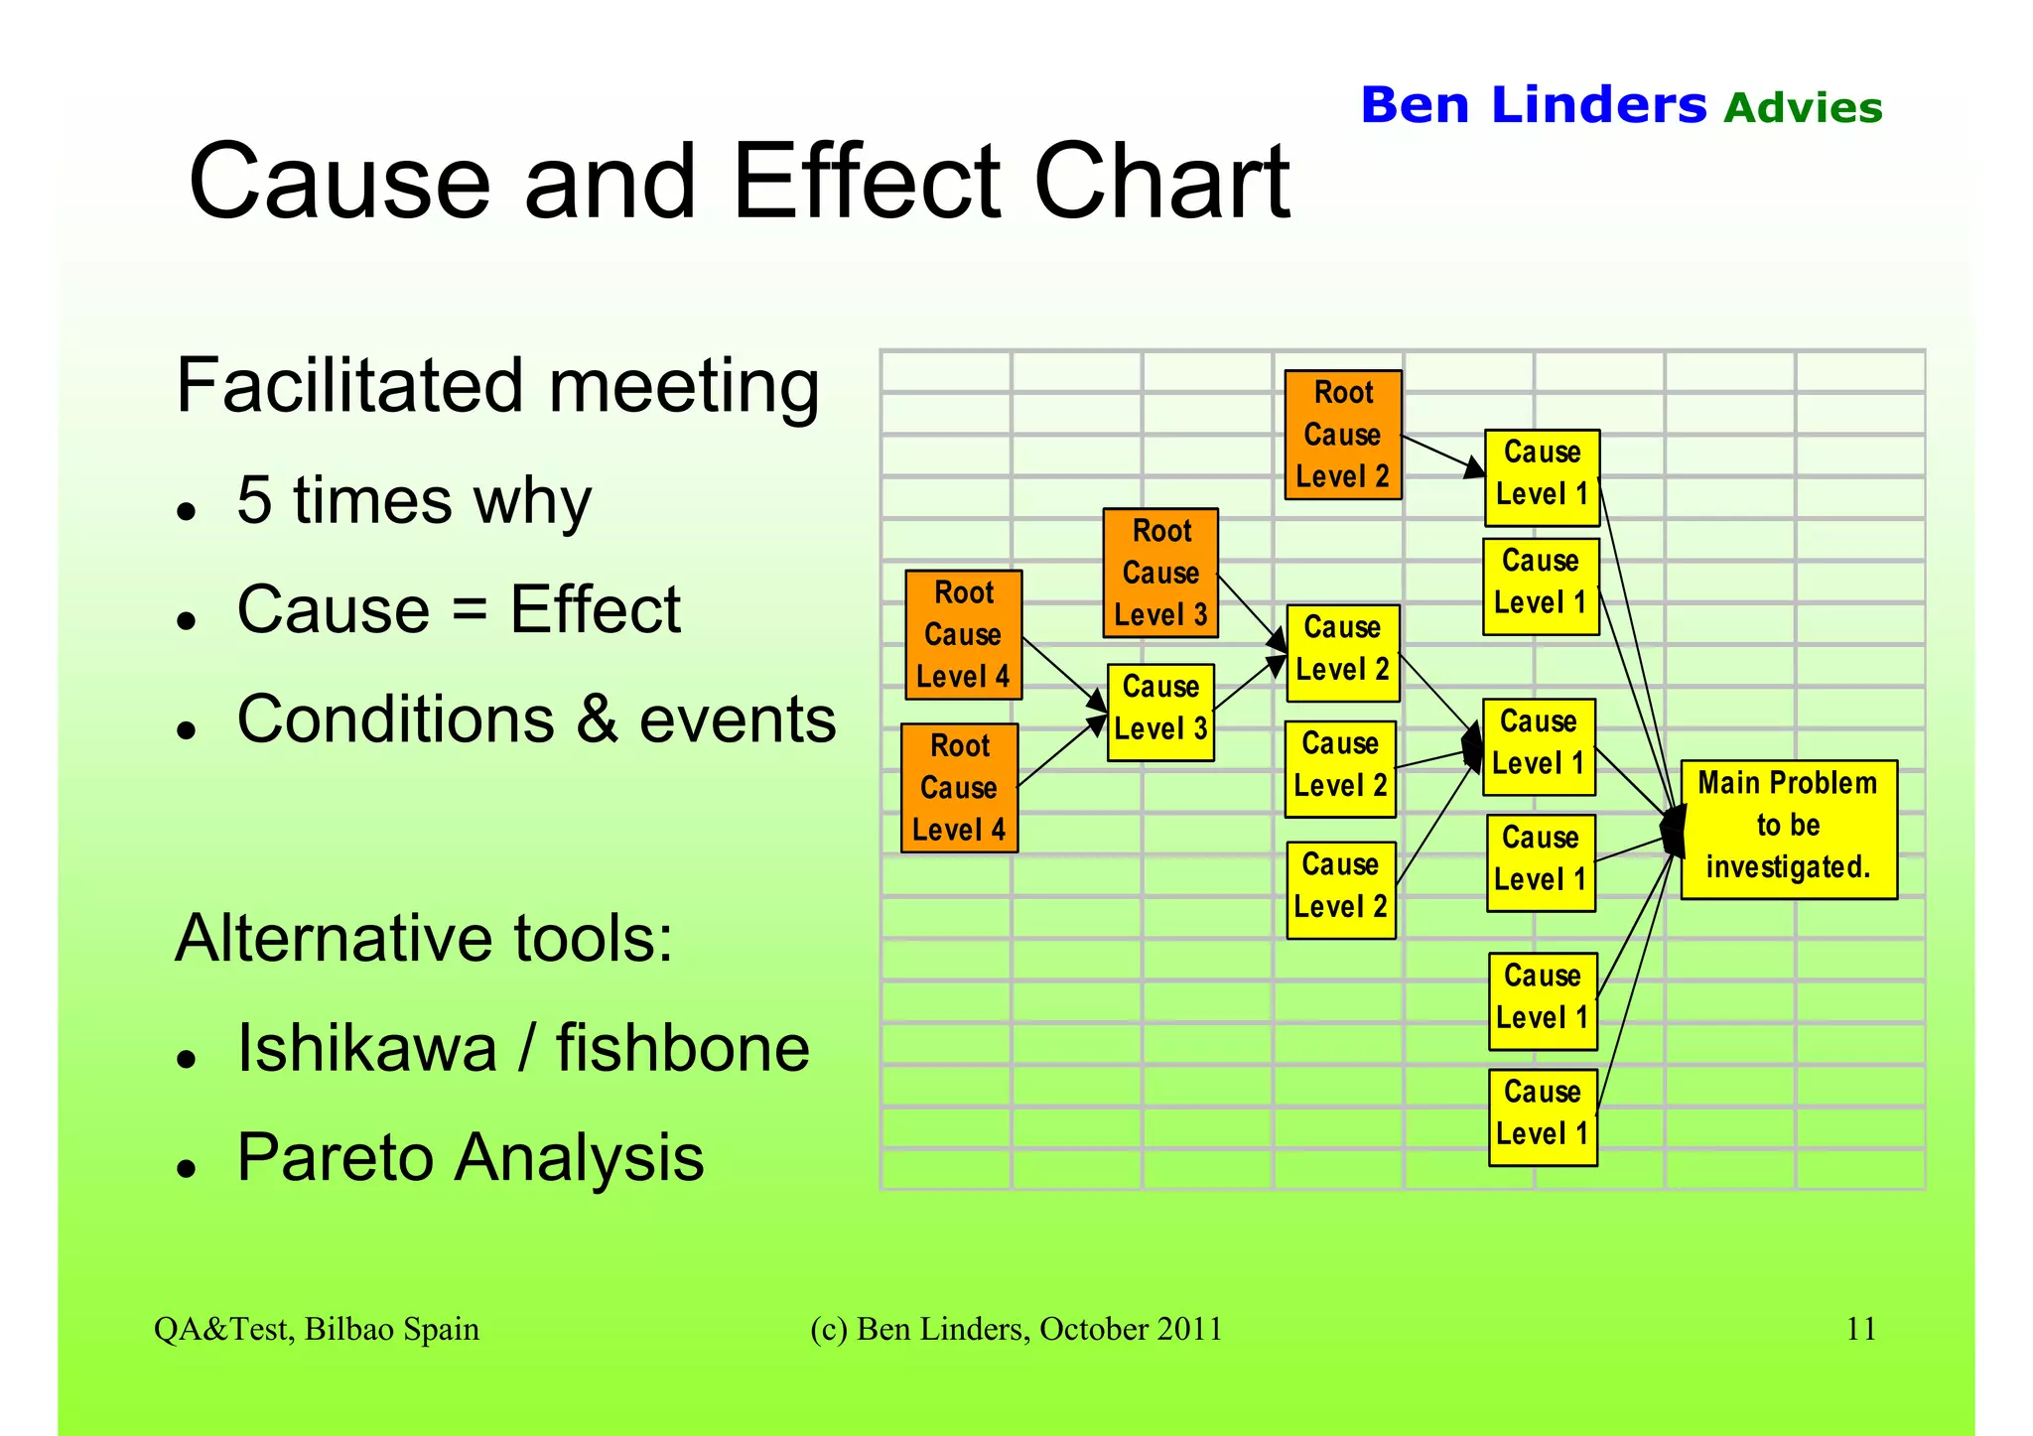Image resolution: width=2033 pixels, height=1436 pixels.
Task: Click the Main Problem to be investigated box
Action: coord(1788,829)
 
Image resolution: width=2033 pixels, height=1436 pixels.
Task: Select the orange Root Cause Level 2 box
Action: coord(1342,435)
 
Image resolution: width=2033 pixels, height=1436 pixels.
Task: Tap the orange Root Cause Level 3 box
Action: coord(1160,573)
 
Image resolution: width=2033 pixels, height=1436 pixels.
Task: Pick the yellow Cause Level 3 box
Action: coord(1160,712)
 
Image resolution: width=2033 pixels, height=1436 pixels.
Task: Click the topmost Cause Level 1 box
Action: coord(1542,476)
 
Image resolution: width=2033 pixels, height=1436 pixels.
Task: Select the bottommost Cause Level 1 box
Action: coord(1543,1116)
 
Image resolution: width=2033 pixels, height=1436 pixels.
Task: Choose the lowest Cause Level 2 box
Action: coord(1340,889)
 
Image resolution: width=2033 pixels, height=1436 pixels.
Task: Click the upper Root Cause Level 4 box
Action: coord(963,634)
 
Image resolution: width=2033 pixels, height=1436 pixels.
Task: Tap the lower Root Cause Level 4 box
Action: coord(959,787)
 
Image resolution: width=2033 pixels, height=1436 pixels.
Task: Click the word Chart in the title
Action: coord(1161,183)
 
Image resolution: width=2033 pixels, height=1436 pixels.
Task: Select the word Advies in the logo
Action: coord(1802,108)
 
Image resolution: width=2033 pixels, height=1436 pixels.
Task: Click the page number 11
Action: coord(1860,1328)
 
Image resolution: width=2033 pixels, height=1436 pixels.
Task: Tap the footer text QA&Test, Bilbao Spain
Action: coord(316,1329)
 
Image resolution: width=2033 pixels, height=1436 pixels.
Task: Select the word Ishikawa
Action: coord(366,1048)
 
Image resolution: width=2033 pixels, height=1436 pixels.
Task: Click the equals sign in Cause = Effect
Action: coord(469,609)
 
